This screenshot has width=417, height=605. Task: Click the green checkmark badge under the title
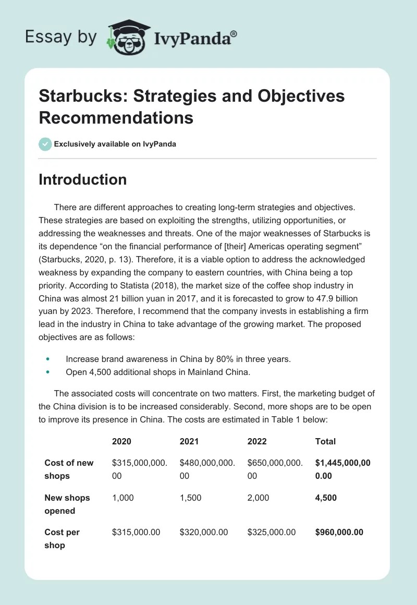coord(45,144)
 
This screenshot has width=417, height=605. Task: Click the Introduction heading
coord(82,179)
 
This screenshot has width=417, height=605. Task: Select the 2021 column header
coord(189,441)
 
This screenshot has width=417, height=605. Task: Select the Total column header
coord(325,441)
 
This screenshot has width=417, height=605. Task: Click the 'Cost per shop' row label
coord(62,539)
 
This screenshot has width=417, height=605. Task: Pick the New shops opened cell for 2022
coord(258,498)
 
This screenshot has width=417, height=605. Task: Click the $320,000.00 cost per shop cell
coord(203,532)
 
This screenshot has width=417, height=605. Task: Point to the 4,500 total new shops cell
coord(326,498)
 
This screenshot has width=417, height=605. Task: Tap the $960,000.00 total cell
coord(339,532)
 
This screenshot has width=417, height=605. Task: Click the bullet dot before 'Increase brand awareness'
coord(48,359)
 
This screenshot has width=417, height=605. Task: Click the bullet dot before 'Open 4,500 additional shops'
coord(48,372)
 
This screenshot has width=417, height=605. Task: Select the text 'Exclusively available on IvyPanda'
coord(115,144)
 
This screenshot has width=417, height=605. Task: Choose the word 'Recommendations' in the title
coord(116,117)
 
